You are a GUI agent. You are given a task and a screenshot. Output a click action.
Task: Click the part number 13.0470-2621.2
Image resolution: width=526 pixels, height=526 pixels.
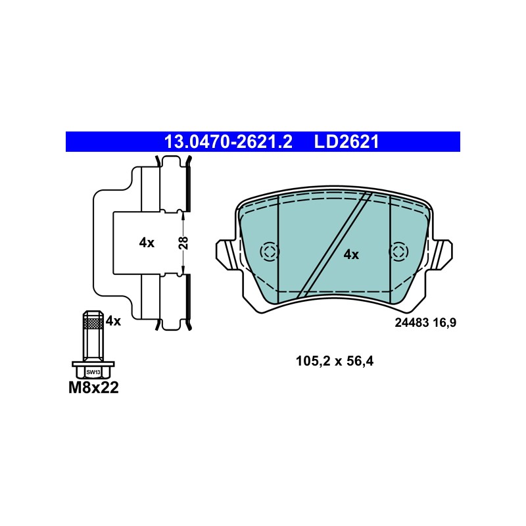point(228,142)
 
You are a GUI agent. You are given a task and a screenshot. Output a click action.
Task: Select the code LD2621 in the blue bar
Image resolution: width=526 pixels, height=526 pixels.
point(347,142)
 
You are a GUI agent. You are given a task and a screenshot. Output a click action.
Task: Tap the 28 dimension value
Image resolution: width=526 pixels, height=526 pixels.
point(183,243)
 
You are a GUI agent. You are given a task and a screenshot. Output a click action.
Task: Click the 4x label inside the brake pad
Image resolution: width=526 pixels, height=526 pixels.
point(351,255)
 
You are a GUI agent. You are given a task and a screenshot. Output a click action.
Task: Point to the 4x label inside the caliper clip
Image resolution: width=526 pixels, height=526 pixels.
point(147,243)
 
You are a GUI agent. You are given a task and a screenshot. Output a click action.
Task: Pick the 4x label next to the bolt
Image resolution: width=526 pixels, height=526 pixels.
point(113,322)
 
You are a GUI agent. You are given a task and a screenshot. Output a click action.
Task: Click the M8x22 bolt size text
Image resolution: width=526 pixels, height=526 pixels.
point(93,388)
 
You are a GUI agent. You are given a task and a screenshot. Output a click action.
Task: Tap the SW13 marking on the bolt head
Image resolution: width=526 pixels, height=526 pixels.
point(93,372)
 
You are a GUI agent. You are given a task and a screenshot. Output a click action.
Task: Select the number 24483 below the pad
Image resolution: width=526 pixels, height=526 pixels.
point(412,323)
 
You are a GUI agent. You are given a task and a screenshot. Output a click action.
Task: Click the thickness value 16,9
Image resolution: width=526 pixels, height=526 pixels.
point(444,323)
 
